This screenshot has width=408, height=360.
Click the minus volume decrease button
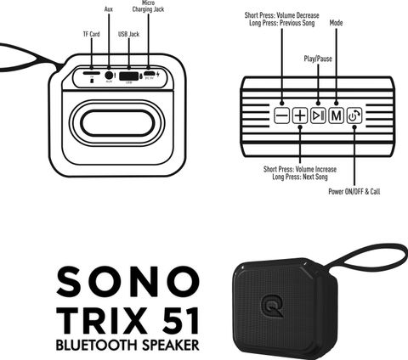point(281,115)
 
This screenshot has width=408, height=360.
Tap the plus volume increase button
point(300,115)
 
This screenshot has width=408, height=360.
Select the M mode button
point(336,115)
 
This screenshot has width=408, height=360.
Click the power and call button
point(354,115)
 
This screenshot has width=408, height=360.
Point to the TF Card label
point(91,34)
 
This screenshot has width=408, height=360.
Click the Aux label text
point(109,9)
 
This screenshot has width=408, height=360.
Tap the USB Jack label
point(128,34)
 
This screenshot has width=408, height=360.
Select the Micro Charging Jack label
point(148,6)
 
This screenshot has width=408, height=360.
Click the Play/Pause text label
point(318,59)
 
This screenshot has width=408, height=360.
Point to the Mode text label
point(336,23)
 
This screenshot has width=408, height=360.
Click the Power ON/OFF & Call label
point(354,191)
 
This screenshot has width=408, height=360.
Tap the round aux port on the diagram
point(109,76)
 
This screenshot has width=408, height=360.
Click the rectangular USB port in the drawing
point(129,76)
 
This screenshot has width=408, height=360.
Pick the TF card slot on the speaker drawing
point(92,73)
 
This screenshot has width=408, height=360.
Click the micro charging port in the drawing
point(149,73)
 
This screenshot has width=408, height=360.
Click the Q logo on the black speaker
point(272,307)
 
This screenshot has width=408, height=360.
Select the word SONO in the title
point(128,282)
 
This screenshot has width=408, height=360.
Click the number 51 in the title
point(181,321)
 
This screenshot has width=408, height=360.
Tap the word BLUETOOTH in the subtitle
point(97,346)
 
